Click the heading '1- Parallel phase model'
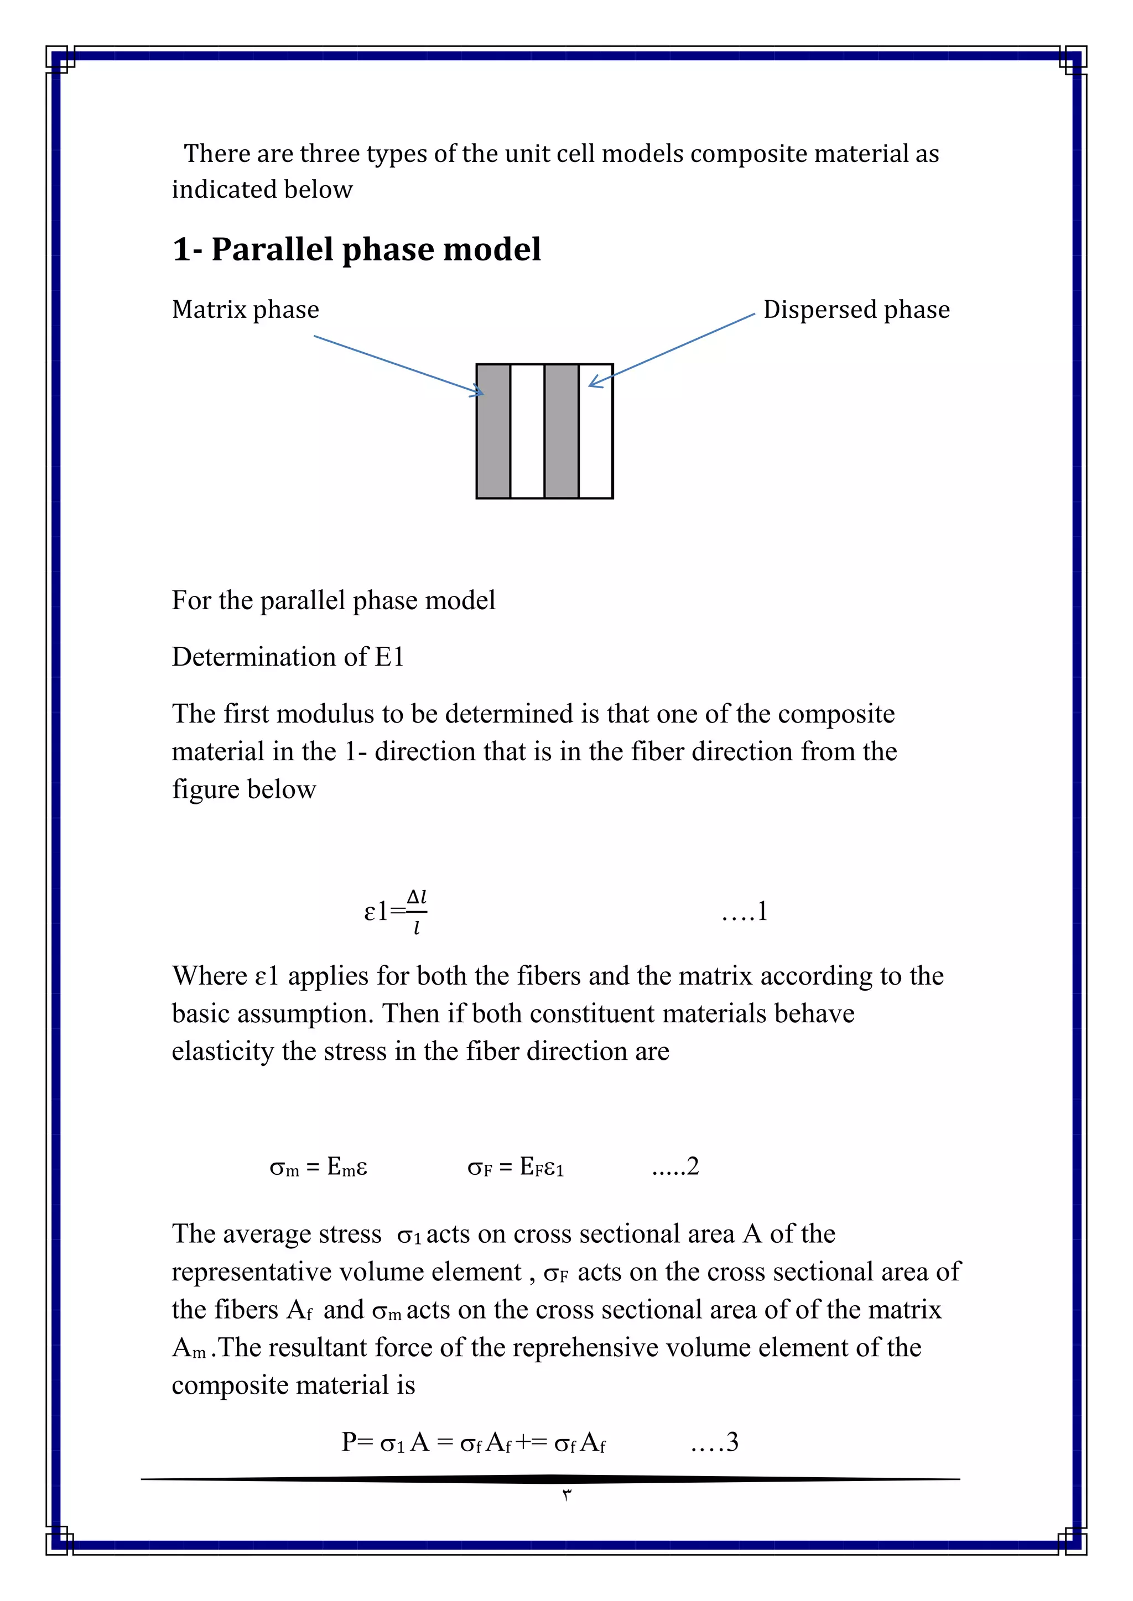click(356, 250)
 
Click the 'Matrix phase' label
click(246, 310)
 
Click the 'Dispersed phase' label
click(856, 310)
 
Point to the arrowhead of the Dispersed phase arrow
click(594, 382)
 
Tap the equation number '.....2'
click(675, 1166)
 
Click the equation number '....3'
click(714, 1442)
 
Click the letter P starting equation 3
click(350, 1442)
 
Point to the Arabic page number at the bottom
click(566, 1494)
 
